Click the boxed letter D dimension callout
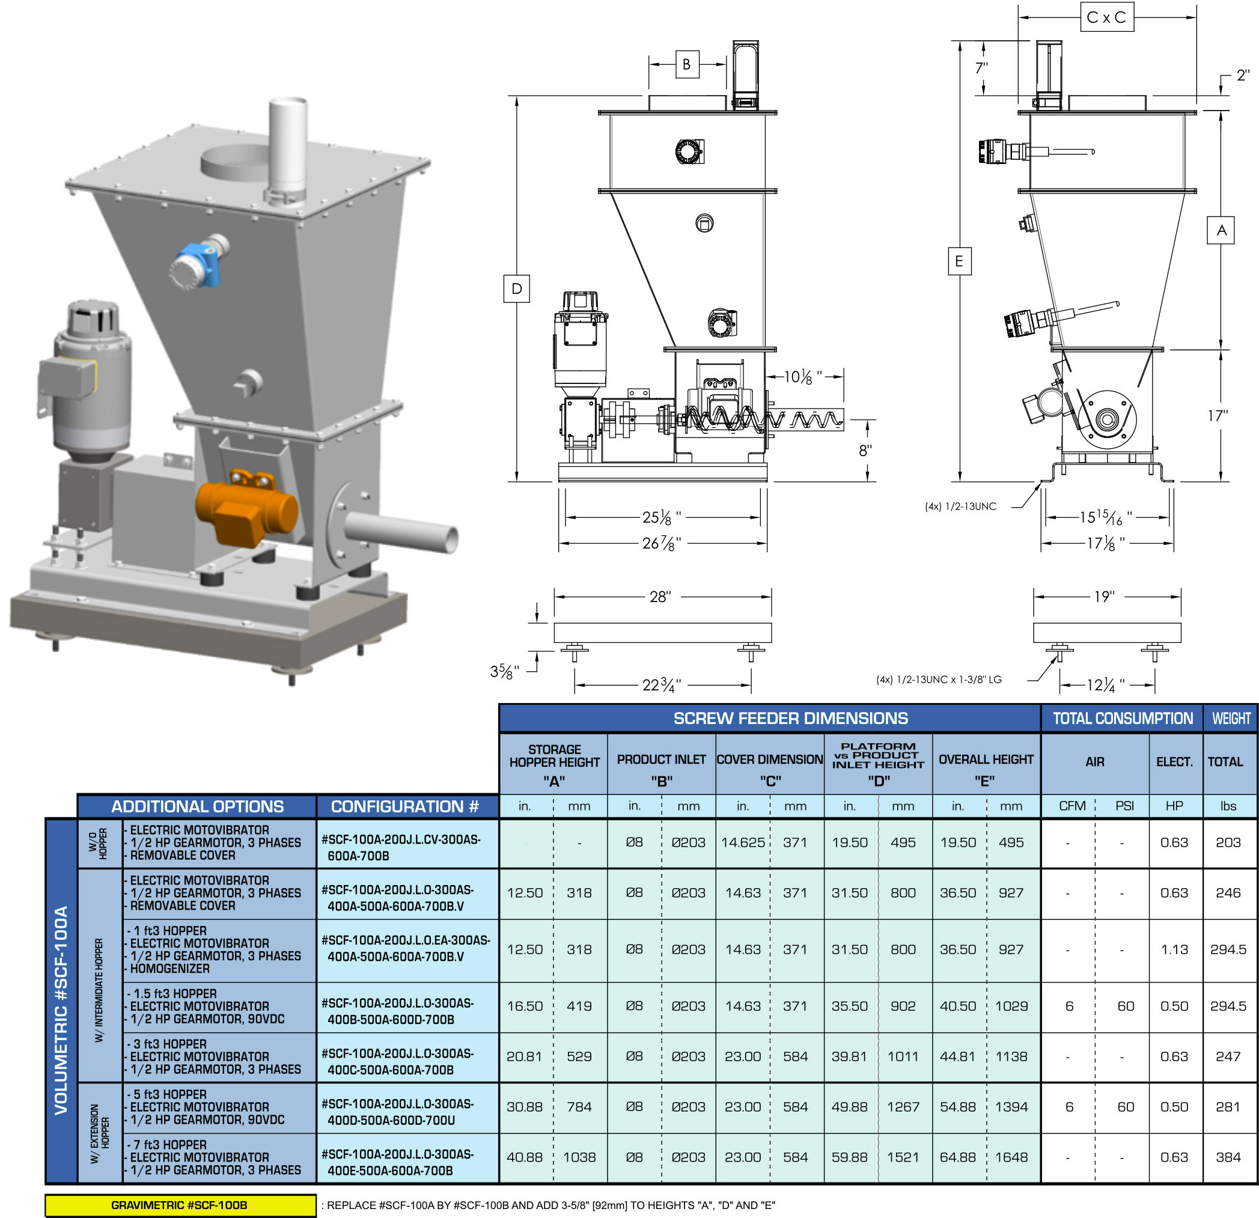click(516, 288)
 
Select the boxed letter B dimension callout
click(687, 64)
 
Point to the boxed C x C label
click(1107, 17)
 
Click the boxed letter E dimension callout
click(960, 261)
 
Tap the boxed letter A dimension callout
click(1222, 231)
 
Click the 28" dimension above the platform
click(660, 597)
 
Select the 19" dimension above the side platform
click(1104, 597)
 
